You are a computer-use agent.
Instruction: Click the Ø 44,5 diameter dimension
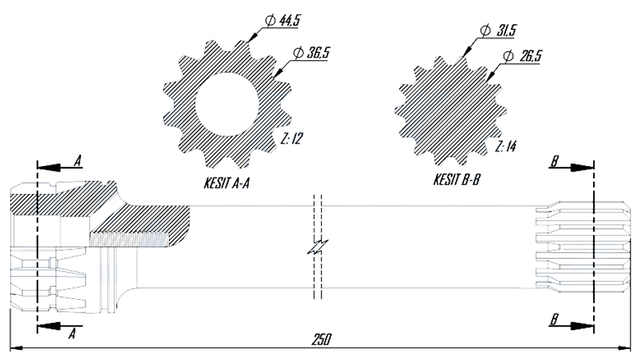tap(282, 20)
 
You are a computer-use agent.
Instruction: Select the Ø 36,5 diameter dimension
tap(311, 53)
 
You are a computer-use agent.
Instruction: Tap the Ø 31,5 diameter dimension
tap(498, 30)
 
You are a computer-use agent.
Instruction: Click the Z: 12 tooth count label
tap(292, 139)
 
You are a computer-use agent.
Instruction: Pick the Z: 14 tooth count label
tap(505, 146)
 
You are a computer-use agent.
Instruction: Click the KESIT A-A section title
tap(227, 183)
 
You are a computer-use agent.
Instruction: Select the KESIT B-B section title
tap(456, 179)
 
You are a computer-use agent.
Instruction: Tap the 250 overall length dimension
tap(322, 340)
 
